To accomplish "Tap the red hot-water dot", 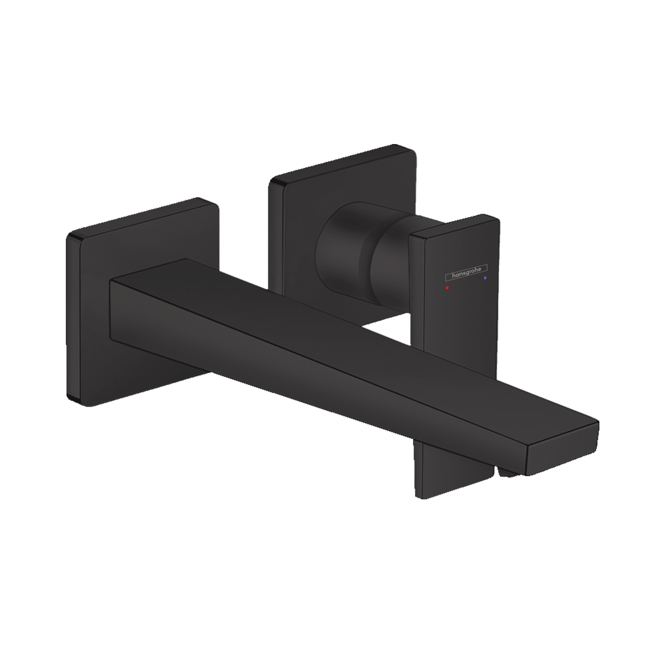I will tap(447, 288).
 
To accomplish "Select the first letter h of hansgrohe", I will tap(454, 277).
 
